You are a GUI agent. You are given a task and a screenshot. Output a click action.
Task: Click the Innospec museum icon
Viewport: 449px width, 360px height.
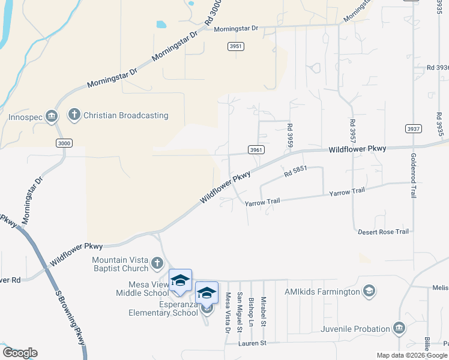(52, 115)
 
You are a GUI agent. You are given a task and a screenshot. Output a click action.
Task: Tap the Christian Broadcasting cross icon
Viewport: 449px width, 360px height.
(74, 114)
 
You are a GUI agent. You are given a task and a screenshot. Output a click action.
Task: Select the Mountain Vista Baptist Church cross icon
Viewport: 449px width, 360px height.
(157, 263)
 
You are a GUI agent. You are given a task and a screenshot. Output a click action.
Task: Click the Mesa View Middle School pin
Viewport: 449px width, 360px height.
(180, 281)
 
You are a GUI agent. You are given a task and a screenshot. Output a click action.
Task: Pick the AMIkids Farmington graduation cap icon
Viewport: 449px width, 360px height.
(369, 292)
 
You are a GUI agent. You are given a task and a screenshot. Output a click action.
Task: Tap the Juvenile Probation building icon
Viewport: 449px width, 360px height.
(399, 328)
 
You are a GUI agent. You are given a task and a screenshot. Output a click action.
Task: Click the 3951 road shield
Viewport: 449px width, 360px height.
(236, 46)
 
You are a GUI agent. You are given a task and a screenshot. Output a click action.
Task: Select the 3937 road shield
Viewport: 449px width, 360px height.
(413, 128)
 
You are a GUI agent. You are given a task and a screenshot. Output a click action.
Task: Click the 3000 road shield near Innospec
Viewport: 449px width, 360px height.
(64, 143)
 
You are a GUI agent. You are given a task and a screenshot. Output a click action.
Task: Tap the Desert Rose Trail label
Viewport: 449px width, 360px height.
(383, 232)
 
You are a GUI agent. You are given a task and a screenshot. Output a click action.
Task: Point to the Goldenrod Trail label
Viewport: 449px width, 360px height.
(414, 175)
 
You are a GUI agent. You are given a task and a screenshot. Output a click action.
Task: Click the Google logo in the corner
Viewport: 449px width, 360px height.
(20, 353)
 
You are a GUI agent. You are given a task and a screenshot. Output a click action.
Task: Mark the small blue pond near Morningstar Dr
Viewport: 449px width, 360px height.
(161, 25)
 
